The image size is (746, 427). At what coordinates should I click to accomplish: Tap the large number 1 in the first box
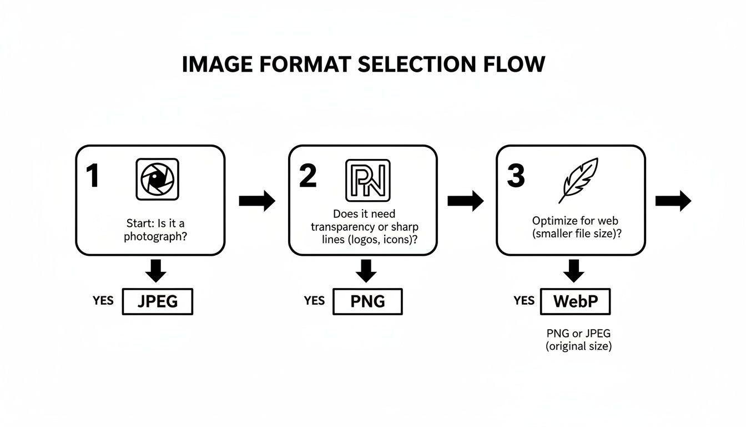pyautogui.click(x=92, y=176)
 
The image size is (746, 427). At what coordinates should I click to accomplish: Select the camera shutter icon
pyautogui.click(x=158, y=180)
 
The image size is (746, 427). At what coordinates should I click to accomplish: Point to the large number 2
pyautogui.click(x=308, y=176)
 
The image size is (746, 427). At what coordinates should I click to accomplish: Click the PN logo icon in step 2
pyautogui.click(x=367, y=180)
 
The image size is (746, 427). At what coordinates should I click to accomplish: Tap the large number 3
pyautogui.click(x=516, y=176)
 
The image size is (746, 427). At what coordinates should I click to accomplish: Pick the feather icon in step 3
pyautogui.click(x=578, y=180)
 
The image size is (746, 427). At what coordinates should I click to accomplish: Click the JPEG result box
pyautogui.click(x=157, y=302)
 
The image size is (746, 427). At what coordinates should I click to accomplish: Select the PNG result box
pyautogui.click(x=367, y=302)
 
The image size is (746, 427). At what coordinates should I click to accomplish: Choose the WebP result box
pyautogui.click(x=575, y=302)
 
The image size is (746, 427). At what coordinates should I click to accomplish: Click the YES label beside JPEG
pyautogui.click(x=103, y=301)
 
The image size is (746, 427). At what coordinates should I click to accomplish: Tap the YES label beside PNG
pyautogui.click(x=314, y=301)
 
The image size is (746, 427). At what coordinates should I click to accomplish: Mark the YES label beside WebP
pyautogui.click(x=523, y=301)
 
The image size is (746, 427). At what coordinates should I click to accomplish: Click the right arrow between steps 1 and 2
pyautogui.click(x=257, y=201)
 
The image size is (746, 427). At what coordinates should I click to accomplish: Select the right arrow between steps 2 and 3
pyautogui.click(x=465, y=201)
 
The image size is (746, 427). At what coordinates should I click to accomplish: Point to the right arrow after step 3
pyautogui.click(x=673, y=201)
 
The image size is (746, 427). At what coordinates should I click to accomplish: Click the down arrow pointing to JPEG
pyautogui.click(x=157, y=270)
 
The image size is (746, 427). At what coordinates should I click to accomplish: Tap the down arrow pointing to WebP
pyautogui.click(x=573, y=270)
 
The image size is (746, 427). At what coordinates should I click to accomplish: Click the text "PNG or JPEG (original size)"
pyautogui.click(x=578, y=340)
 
